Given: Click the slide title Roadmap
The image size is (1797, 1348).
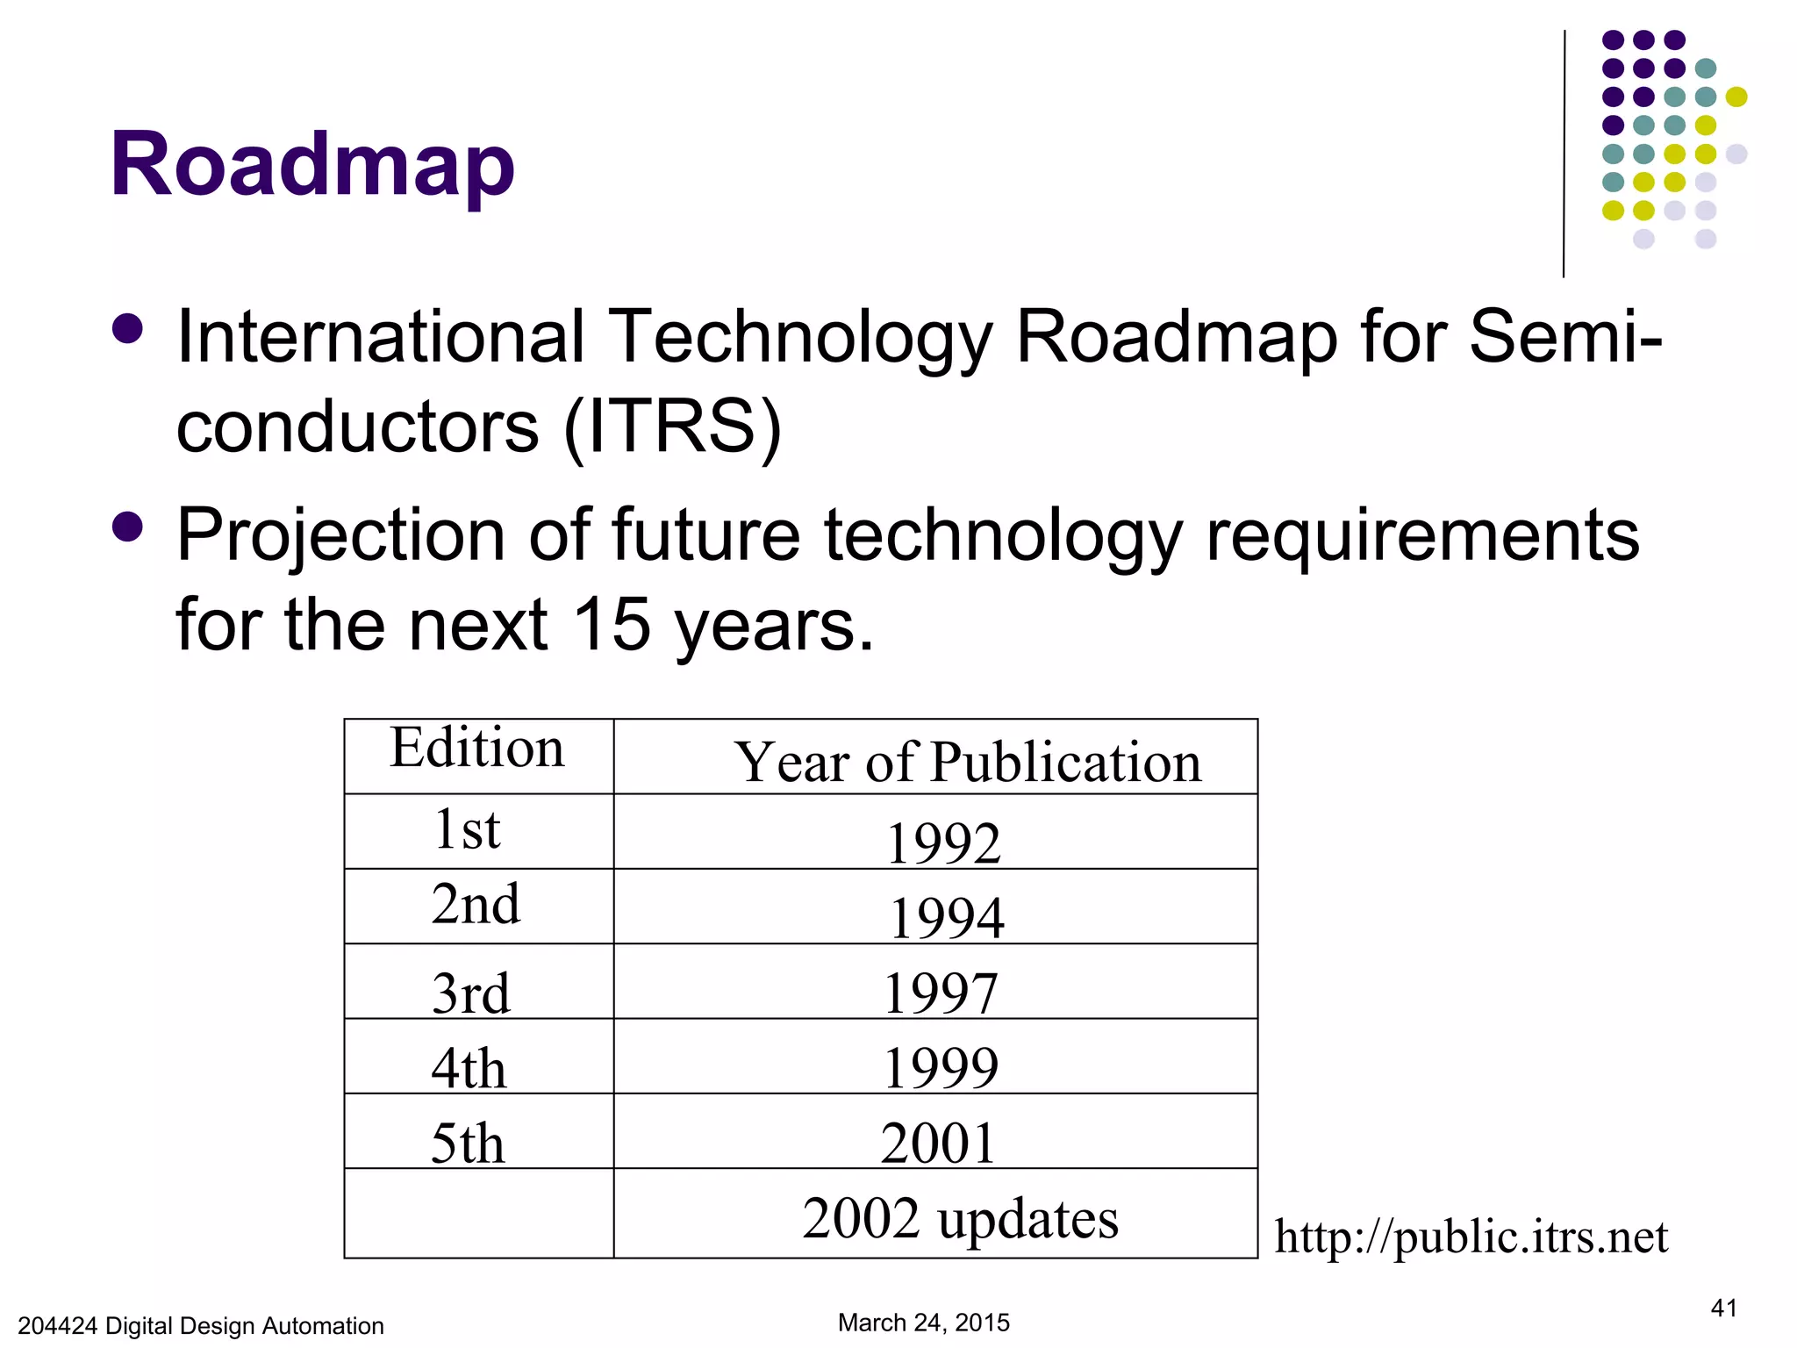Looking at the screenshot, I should point(312,165).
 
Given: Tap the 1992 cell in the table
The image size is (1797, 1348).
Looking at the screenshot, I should point(943,842).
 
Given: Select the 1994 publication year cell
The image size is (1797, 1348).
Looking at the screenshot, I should point(946,916).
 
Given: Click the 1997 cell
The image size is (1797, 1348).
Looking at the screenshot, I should point(941,992).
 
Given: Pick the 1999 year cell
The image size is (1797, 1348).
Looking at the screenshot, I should point(941,1066).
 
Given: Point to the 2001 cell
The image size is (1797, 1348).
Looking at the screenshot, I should point(939,1142).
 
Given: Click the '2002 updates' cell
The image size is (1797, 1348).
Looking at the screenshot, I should point(960,1217).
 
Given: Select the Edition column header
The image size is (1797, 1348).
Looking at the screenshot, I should point(477,748).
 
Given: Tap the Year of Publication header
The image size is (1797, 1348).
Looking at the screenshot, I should point(968,761).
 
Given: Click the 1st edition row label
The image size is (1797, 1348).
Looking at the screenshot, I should point(467,828).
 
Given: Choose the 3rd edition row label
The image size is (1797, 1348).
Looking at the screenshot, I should point(470,993).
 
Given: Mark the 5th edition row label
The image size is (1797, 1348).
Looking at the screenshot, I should point(468,1143).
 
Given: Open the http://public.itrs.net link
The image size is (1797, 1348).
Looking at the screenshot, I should point(1471,1236).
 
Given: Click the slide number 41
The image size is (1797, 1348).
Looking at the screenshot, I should point(1723,1308).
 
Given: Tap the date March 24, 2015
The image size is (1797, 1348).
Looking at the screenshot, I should point(923,1322).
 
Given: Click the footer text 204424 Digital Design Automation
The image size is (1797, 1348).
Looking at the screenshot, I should point(201,1325).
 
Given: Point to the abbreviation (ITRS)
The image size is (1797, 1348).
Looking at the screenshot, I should point(672,427).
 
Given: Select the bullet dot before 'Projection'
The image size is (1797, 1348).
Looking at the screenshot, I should point(128,527).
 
